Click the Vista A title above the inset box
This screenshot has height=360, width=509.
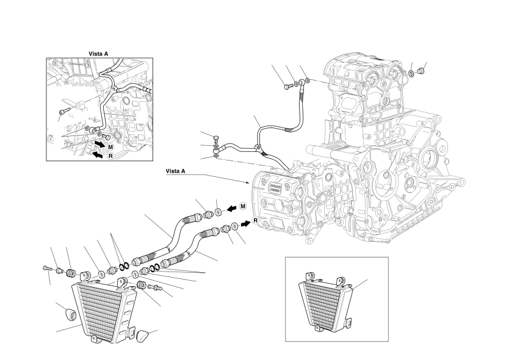(98, 54)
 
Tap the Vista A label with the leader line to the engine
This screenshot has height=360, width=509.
(175, 171)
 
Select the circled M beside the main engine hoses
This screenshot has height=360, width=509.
(243, 206)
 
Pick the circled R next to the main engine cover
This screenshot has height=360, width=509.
(256, 221)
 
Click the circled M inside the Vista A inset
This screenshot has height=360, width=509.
(110, 147)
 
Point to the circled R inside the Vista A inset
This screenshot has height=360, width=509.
(110, 156)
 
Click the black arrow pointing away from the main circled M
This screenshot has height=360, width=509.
(231, 209)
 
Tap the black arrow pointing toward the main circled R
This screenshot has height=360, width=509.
(245, 224)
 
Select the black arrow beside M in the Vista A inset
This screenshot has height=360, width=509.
(99, 144)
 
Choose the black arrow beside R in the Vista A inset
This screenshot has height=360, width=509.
(98, 154)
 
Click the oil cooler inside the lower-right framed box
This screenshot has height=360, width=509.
(325, 301)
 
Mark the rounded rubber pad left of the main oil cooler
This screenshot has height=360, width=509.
(70, 314)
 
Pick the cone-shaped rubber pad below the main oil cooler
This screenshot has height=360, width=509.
(142, 336)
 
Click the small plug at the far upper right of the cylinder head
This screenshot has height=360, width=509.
(421, 70)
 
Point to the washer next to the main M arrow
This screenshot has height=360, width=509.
(218, 212)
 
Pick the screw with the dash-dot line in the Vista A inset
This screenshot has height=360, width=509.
(63, 111)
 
